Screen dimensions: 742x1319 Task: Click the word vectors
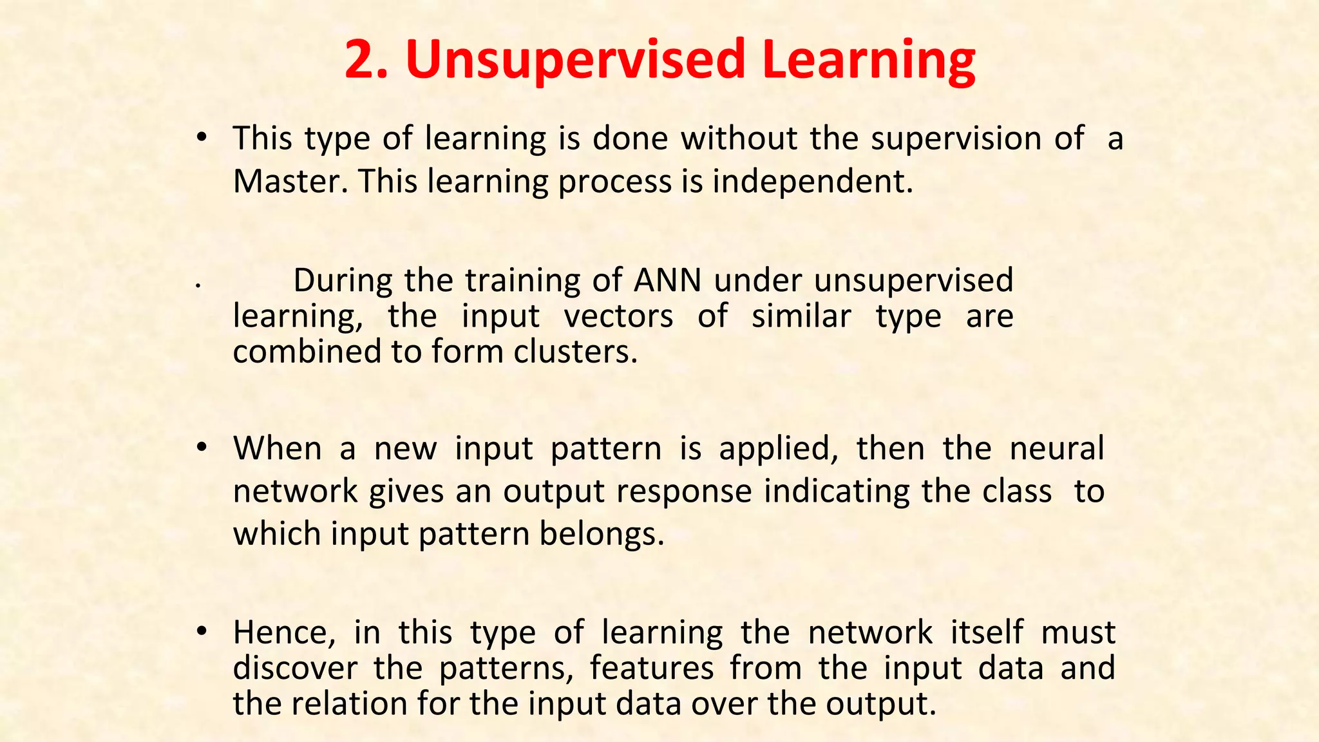pos(618,317)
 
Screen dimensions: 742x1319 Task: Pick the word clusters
pos(575,352)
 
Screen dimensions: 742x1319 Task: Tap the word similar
pos(801,317)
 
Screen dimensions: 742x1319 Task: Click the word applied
pos(778,450)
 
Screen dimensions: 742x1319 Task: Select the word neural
pos(1057,448)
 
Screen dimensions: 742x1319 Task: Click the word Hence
pos(284,633)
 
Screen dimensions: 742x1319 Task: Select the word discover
pos(295,668)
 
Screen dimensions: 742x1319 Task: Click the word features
pos(652,668)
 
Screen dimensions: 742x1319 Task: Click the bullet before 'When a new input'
pos(202,446)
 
